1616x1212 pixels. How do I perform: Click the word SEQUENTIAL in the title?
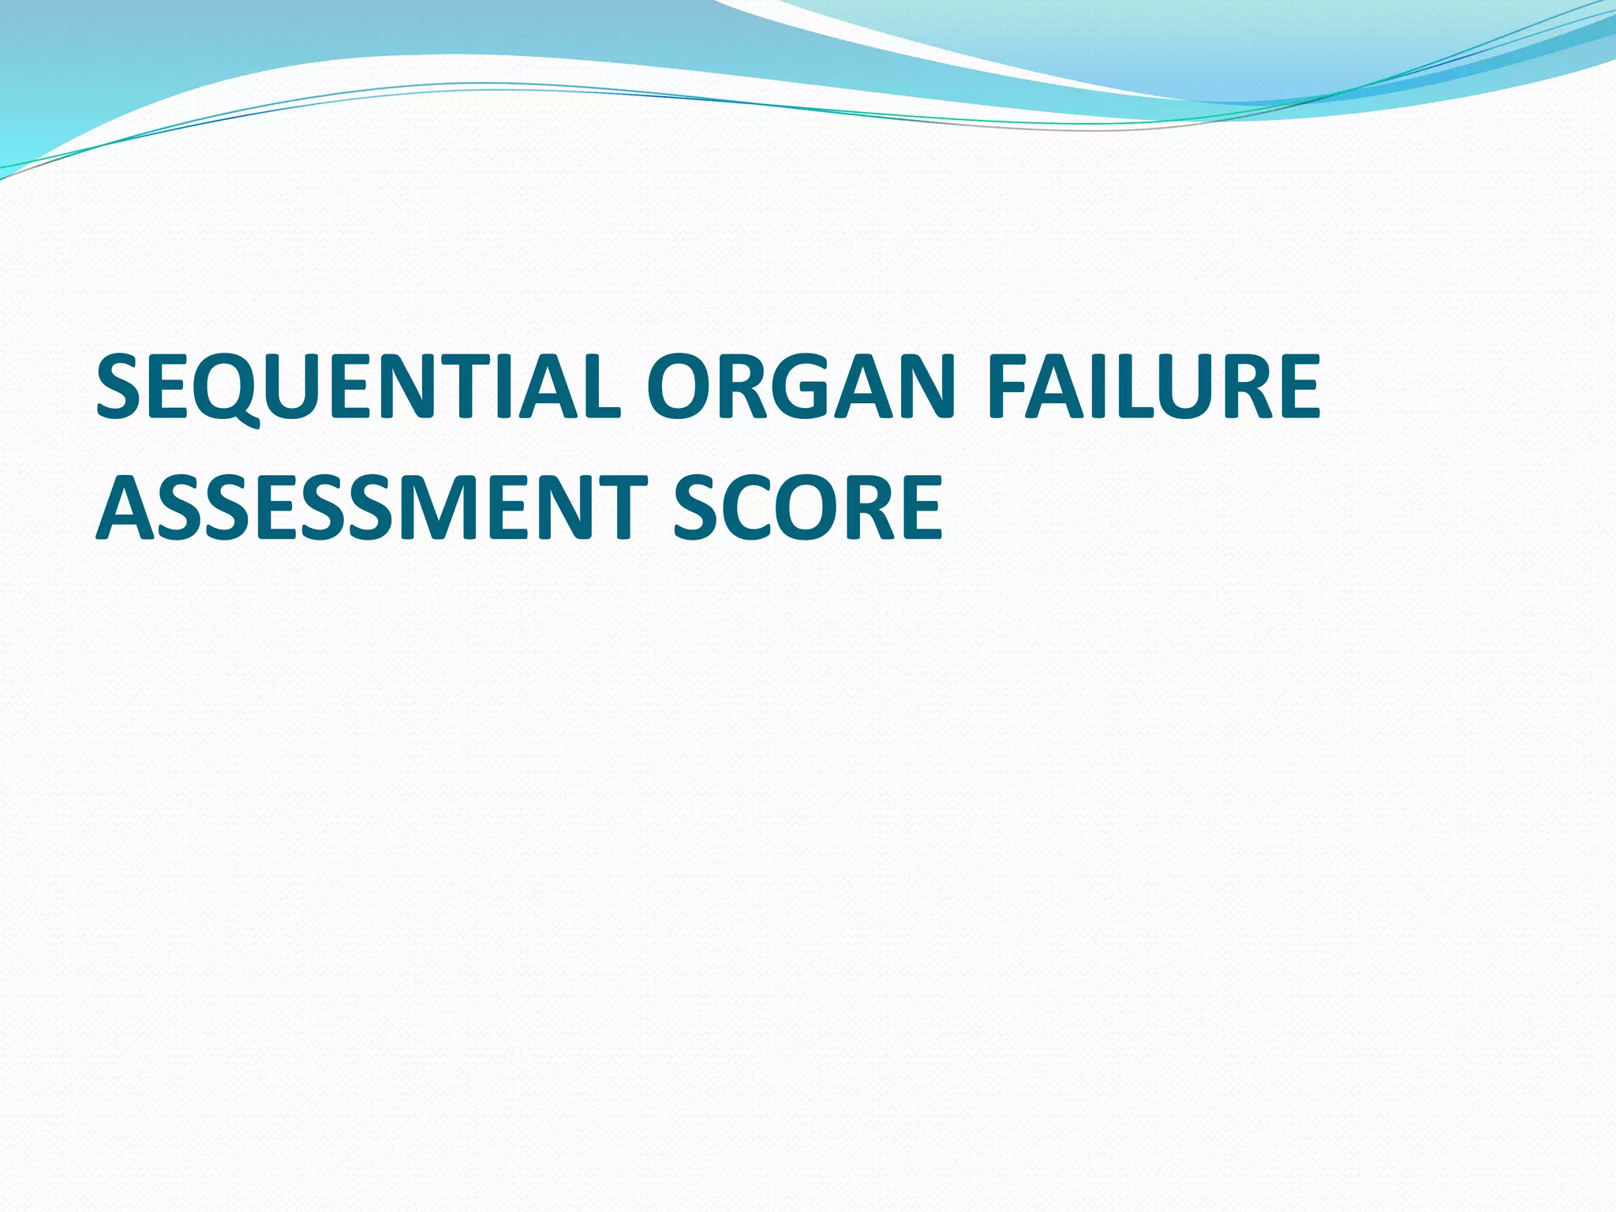(x=359, y=387)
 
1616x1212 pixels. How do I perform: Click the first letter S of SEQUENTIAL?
(x=121, y=387)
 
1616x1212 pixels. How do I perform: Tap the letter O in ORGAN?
(x=683, y=387)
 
